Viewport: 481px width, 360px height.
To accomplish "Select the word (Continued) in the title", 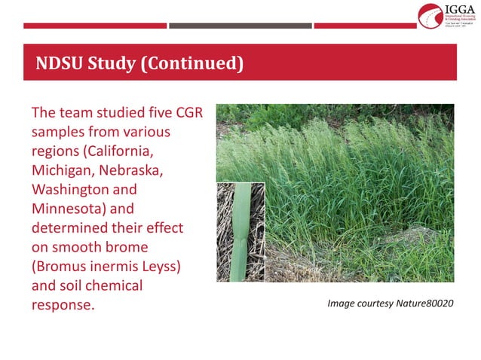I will pyautogui.click(x=192, y=63).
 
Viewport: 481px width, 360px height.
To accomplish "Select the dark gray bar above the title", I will pyautogui.click(x=240, y=26).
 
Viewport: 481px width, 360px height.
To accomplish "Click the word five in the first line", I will pyautogui.click(x=152, y=112).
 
